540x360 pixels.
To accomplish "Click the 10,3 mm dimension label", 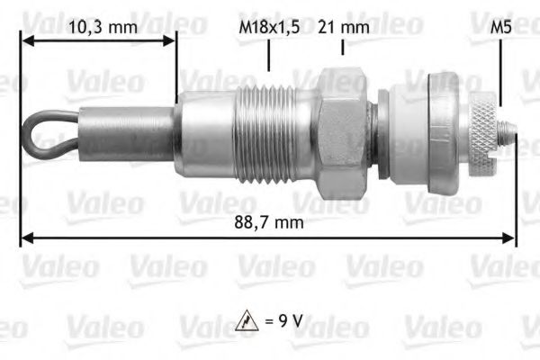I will coord(103,27).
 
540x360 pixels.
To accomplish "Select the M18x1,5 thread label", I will coord(268,27).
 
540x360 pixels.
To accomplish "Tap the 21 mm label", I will coord(344,27).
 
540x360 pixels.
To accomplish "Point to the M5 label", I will coord(501,27).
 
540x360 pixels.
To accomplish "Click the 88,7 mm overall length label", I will coord(268,220).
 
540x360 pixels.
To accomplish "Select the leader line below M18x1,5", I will coord(268,56).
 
